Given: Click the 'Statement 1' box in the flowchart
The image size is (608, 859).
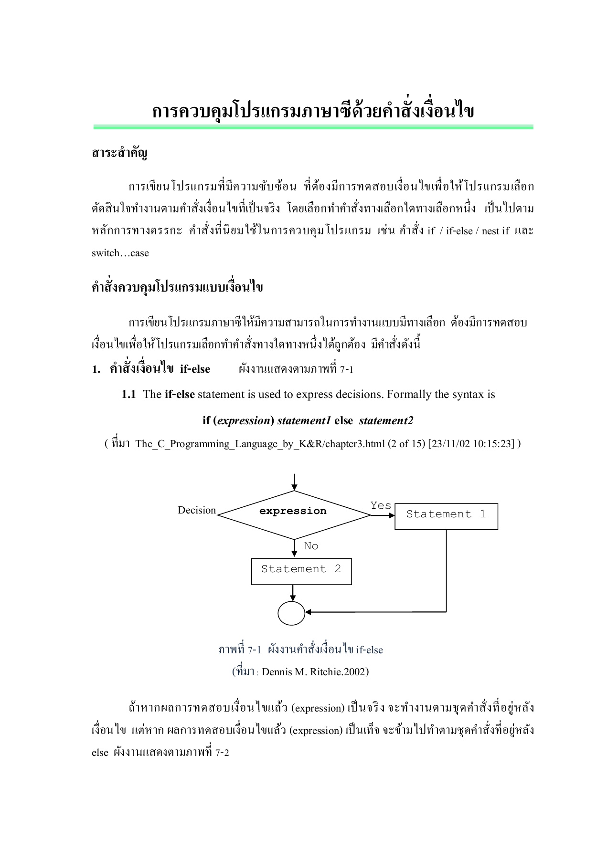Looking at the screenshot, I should point(446,516).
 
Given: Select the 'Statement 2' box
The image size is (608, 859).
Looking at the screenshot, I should point(301,571).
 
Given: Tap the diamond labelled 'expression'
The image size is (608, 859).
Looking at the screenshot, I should point(293,514).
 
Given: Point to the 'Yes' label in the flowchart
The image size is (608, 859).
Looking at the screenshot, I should point(381,505).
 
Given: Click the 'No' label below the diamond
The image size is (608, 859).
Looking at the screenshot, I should point(311,546).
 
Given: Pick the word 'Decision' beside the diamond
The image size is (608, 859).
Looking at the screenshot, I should point(197,510).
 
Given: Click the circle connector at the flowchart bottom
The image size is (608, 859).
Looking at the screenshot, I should point(291,613).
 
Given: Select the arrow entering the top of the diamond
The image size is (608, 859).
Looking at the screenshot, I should point(294,482).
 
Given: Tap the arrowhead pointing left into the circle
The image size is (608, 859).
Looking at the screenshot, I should point(309,612).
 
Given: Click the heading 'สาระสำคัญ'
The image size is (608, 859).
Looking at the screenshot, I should point(119,153).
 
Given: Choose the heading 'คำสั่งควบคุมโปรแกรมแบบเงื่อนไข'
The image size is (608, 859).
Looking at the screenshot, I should point(177,288).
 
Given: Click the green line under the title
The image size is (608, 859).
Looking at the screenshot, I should point(313,127).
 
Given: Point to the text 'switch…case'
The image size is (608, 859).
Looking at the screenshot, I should point(120,253).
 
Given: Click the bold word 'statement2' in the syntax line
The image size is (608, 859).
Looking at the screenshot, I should point(386,420).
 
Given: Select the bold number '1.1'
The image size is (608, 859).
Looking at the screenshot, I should point(128,394).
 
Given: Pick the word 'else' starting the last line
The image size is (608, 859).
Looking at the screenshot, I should point(100,753).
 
